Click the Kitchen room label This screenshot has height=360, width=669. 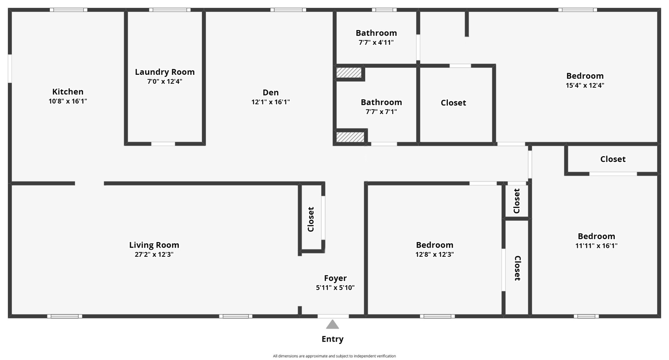pyautogui.click(x=68, y=92)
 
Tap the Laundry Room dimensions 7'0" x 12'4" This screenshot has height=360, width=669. pyautogui.click(x=165, y=81)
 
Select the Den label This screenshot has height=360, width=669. pyautogui.click(x=271, y=92)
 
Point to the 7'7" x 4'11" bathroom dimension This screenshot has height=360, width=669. pyautogui.click(x=376, y=42)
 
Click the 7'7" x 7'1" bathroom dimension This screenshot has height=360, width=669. pyautogui.click(x=381, y=112)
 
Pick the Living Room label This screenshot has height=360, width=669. pyautogui.click(x=154, y=245)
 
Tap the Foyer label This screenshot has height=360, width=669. pyautogui.click(x=335, y=278)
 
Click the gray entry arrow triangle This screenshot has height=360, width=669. pyautogui.click(x=333, y=324)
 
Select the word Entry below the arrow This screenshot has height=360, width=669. pyautogui.click(x=333, y=339)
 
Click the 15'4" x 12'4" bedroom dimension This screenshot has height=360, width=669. pyautogui.click(x=585, y=85)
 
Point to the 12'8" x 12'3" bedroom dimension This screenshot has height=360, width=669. pyautogui.click(x=435, y=254)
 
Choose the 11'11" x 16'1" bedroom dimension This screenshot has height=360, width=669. pyautogui.click(x=596, y=246)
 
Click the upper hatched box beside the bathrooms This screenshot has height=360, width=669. pyautogui.click(x=349, y=73)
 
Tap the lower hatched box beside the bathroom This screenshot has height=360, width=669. pyautogui.click(x=350, y=137)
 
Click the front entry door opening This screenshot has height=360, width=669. pyautogui.click(x=333, y=316)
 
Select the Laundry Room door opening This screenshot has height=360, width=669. pyautogui.click(x=163, y=144)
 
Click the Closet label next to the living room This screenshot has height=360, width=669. pyautogui.click(x=311, y=219)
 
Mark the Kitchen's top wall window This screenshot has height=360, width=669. pyautogui.click(x=69, y=10)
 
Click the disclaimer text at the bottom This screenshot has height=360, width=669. pyautogui.click(x=334, y=356)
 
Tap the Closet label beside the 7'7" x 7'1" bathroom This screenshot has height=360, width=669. pyautogui.click(x=453, y=103)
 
